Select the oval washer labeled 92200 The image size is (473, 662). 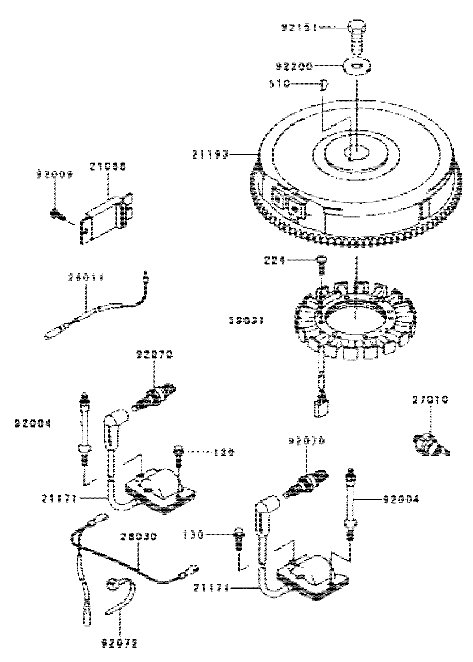point(355,66)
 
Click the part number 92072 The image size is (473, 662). point(119,642)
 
